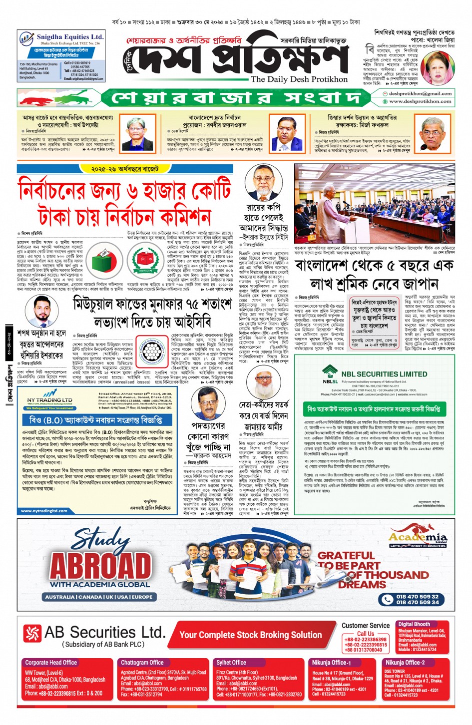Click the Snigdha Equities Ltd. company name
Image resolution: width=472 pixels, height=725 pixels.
coord(70,37)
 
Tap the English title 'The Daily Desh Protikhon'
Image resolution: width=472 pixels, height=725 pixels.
coord(299,79)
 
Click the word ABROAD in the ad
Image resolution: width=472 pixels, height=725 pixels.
coord(100,565)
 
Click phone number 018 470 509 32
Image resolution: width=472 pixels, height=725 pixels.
coord(417,596)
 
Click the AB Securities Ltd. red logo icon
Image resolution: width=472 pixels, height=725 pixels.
coord(32,633)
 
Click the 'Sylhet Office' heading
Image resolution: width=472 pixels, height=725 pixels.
coord(231,663)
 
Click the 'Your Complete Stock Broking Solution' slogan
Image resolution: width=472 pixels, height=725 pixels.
coord(250,635)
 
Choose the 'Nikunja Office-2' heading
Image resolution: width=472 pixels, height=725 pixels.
coord(405,663)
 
